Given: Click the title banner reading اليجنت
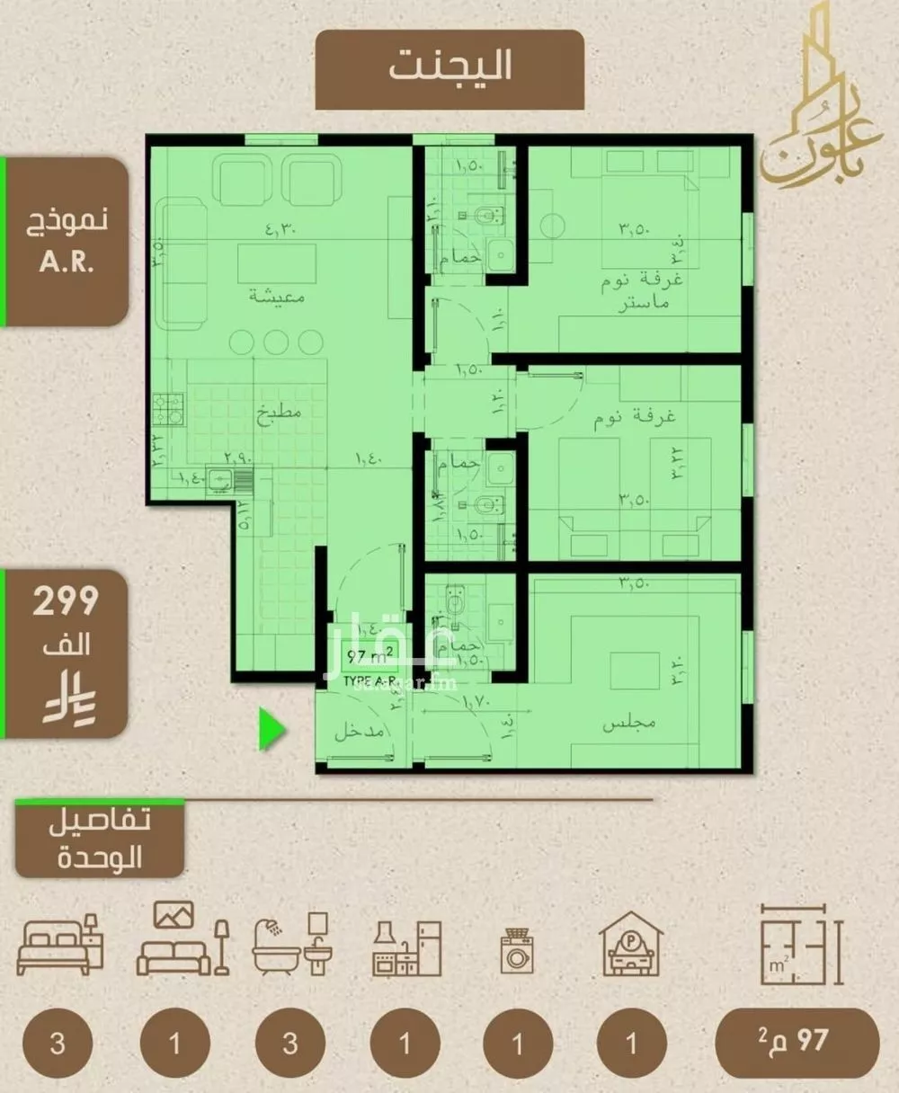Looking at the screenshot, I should click(x=449, y=68).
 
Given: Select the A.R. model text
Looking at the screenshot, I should click(x=67, y=262).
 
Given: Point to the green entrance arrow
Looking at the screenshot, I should click(x=271, y=729).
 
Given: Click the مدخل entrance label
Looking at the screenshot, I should click(x=360, y=733).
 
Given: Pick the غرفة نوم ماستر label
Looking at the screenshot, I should click(x=642, y=291).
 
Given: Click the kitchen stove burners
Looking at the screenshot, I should click(x=168, y=409).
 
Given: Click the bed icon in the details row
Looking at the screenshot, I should click(x=59, y=944).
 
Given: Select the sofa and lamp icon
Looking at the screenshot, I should click(x=182, y=939).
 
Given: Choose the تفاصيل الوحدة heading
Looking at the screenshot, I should click(x=100, y=839).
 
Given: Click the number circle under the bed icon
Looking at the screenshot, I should click(x=58, y=1044).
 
